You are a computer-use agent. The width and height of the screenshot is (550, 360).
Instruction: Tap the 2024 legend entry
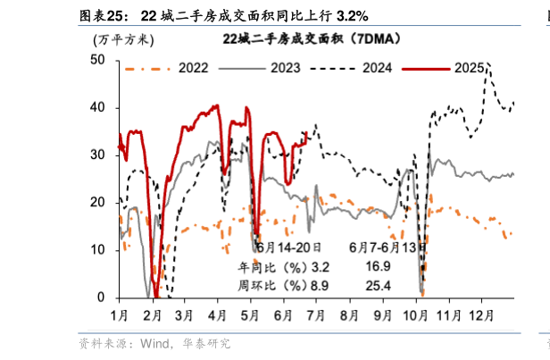coord(376,67)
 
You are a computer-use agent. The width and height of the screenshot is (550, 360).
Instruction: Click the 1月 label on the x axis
coord(119,315)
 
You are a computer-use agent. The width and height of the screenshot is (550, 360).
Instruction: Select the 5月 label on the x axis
coord(251,315)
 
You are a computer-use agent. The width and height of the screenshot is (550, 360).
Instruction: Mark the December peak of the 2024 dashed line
coord(487,64)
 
